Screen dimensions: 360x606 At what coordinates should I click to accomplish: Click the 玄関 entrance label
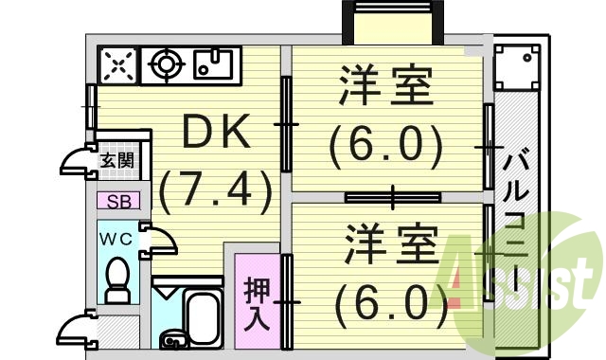[116, 160]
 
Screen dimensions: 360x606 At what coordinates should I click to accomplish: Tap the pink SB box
[118, 201]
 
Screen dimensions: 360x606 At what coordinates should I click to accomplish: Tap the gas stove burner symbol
[167, 64]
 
